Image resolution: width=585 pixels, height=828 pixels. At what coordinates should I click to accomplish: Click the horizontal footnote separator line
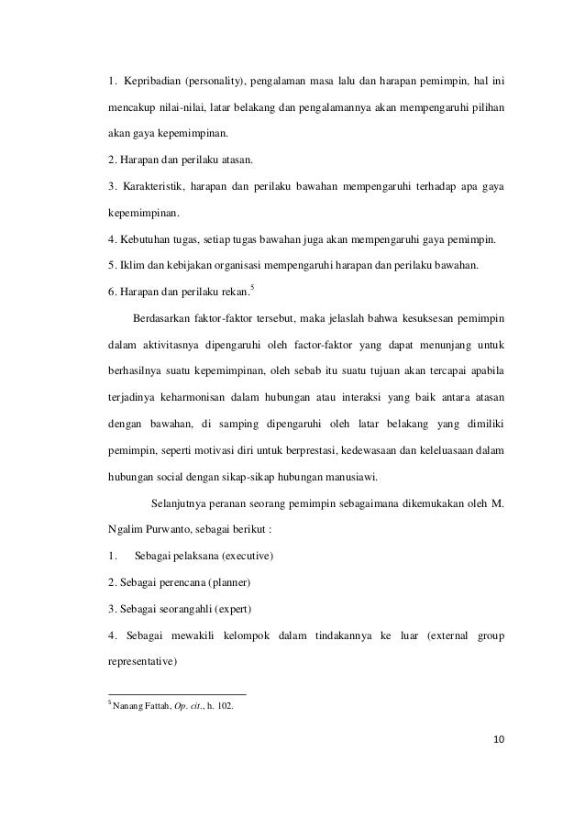tap(177, 693)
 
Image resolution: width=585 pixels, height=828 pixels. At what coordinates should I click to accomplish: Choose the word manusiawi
tap(359, 477)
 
